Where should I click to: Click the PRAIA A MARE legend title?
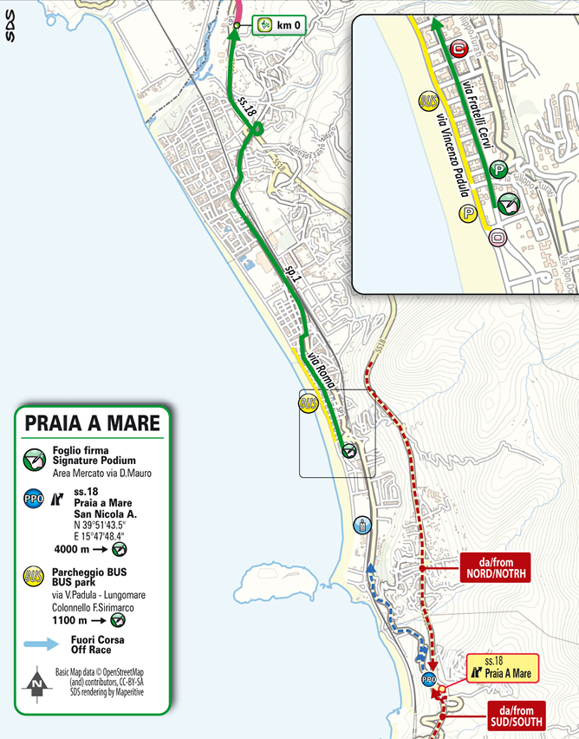click(92, 423)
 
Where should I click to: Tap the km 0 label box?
click(280, 26)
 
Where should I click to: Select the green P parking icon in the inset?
click(498, 169)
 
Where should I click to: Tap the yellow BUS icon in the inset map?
click(426, 101)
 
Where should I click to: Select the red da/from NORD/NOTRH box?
click(491, 567)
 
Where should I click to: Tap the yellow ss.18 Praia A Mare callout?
click(503, 667)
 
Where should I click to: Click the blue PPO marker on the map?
click(427, 679)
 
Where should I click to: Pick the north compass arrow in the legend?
click(36, 683)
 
